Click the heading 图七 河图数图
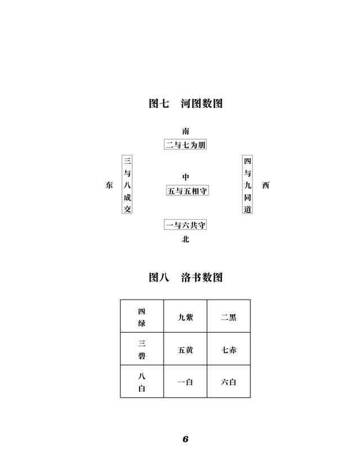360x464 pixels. tap(185, 103)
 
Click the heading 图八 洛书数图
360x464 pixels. tap(185, 277)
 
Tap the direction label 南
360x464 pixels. tap(185, 131)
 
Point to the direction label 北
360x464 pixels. tap(185, 239)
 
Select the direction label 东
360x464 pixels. tap(109, 185)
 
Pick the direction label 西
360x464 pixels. tap(265, 185)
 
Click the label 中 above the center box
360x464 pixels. tap(185, 177)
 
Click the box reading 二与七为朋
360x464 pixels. tap(185, 145)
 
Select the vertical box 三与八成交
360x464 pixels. tap(127, 184)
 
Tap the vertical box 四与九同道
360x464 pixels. tap(247, 184)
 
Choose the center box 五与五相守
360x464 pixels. tap(187, 190)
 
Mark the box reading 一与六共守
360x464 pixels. tap(185, 225)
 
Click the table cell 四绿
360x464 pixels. tap(142, 316)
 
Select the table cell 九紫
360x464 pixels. tap(185, 316)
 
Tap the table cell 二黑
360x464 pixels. tap(229, 316)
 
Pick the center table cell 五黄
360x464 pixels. tap(185, 349)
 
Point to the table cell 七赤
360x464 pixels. tap(229, 349)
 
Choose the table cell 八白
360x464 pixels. tap(142, 381)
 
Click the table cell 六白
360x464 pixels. tap(229, 381)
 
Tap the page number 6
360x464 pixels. tap(185, 439)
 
